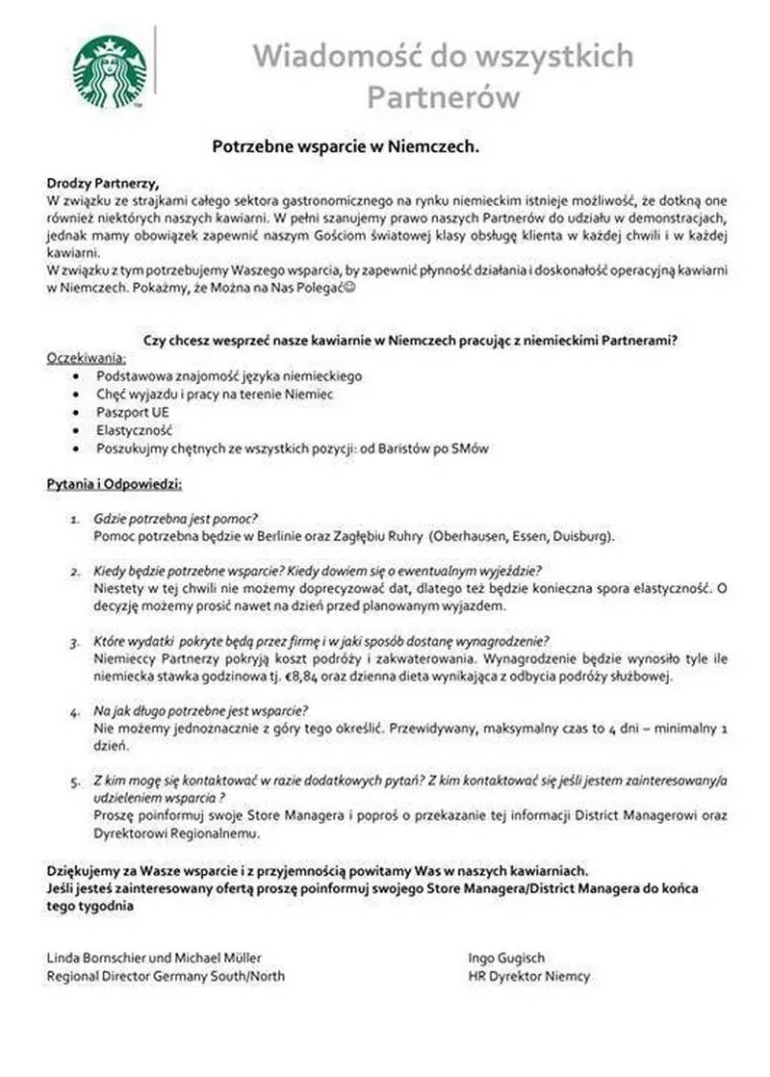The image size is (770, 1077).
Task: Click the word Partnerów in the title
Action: (x=444, y=97)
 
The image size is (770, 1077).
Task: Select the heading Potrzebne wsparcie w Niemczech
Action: (x=346, y=147)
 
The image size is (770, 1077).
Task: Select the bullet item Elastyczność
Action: (x=134, y=430)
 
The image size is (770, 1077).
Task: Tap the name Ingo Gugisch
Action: (x=506, y=958)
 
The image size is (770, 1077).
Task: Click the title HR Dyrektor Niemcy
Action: (x=528, y=976)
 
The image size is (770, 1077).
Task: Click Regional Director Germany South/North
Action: (x=166, y=976)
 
